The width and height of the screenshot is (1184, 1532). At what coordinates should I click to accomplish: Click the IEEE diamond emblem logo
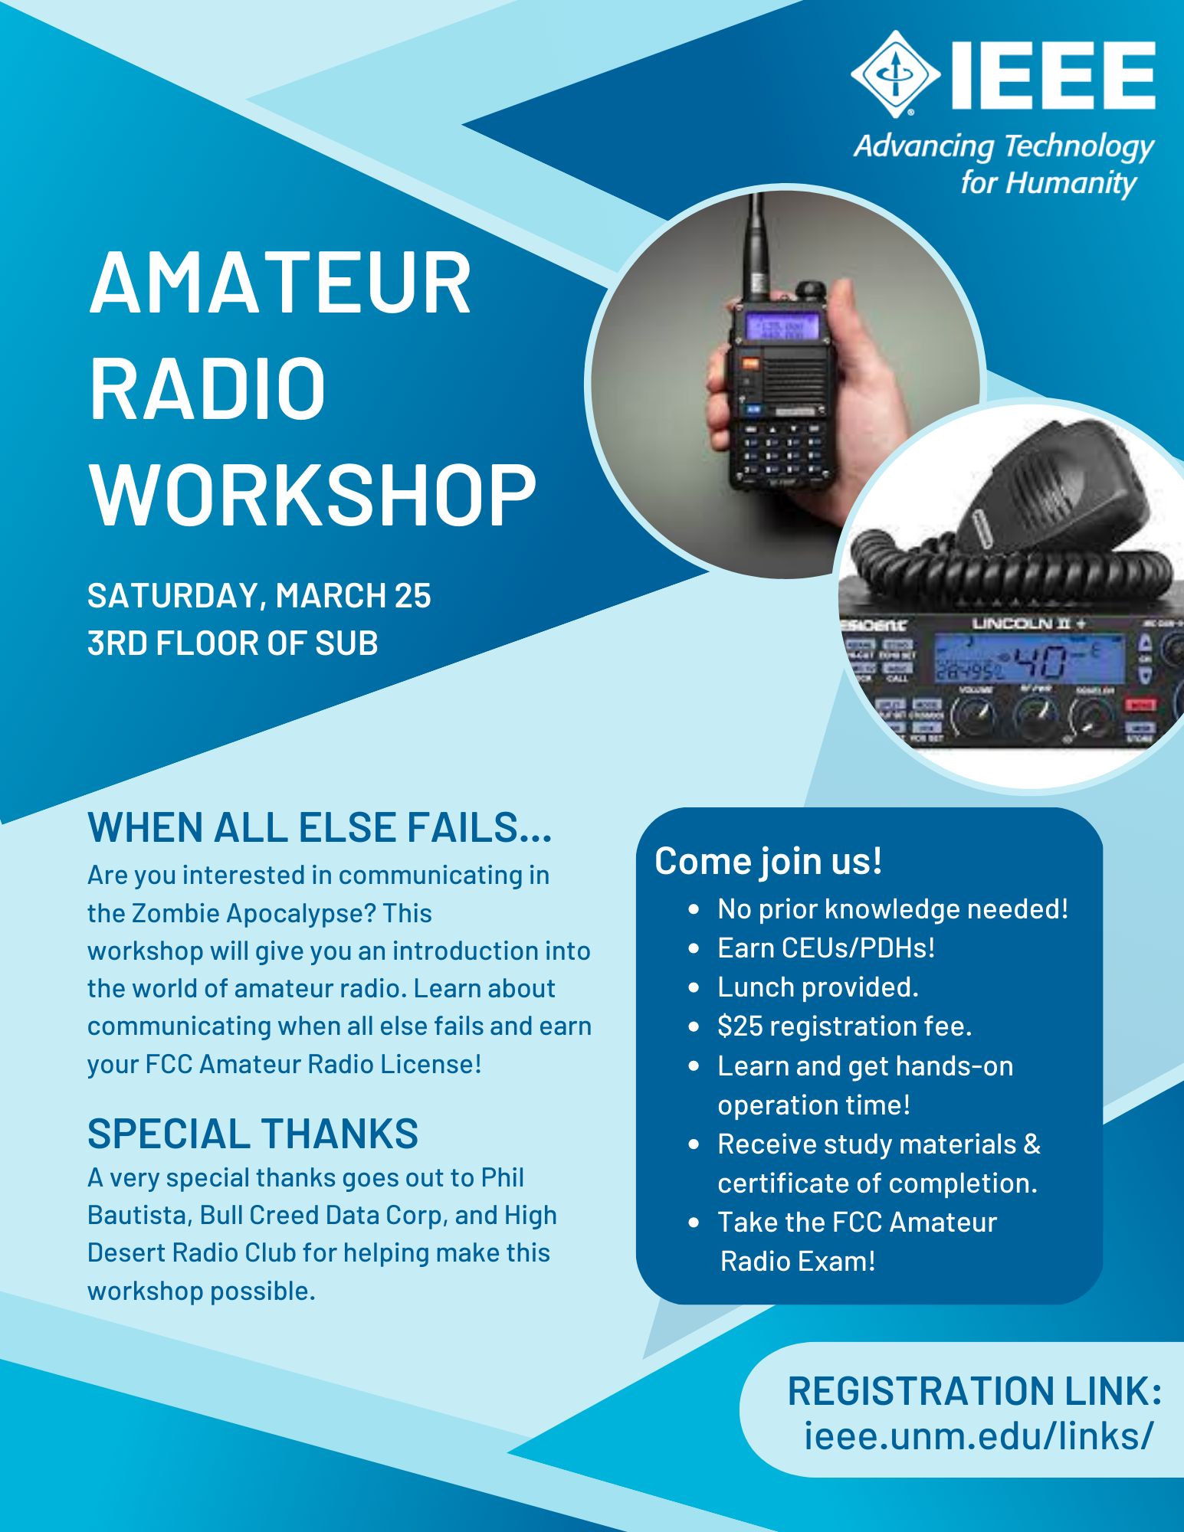[x=895, y=74]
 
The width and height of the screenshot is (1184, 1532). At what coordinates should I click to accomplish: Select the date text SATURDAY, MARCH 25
[x=259, y=596]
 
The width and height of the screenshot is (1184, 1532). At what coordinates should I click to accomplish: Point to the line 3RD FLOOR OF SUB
[x=232, y=643]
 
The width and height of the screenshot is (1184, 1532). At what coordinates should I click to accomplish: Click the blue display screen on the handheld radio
[x=782, y=327]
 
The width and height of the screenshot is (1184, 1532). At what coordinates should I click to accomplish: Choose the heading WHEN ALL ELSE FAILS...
[x=320, y=828]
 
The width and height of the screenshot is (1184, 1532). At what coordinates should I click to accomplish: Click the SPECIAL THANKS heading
[x=253, y=1134]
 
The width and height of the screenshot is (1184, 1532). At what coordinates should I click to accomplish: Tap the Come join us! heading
[x=768, y=861]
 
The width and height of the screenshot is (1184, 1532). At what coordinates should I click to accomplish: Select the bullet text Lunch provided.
[x=818, y=987]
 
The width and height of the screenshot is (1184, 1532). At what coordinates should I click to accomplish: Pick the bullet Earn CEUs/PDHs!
[x=826, y=948]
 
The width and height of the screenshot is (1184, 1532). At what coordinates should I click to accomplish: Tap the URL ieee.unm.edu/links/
[x=978, y=1436]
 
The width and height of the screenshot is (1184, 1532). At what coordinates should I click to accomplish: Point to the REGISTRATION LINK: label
[x=974, y=1391]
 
